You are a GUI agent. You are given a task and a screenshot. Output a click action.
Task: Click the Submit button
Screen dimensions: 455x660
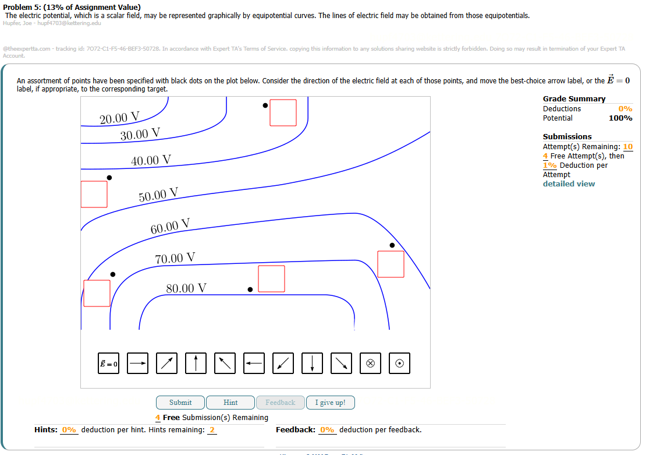pos(180,403)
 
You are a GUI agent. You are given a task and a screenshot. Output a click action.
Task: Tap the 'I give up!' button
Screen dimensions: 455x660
pos(330,403)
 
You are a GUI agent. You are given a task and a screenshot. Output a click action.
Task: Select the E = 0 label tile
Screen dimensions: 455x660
pos(108,364)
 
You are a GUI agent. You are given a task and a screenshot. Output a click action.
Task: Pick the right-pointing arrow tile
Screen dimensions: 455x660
pos(138,364)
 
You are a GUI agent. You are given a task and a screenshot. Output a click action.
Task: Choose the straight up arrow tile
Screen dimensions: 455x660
pos(196,364)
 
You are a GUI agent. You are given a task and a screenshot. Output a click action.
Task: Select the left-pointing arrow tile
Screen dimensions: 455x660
pos(254,364)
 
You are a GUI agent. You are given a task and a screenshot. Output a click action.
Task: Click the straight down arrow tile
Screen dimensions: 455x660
pos(313,364)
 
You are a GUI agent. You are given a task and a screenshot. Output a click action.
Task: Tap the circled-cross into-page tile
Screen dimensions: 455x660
pos(370,364)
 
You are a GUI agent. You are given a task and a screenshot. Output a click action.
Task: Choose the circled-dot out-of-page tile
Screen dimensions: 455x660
pos(399,364)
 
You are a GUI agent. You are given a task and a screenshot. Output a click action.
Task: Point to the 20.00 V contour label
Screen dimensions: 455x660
pos(119,118)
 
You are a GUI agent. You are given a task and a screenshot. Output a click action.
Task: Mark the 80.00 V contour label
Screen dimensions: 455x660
pos(186,288)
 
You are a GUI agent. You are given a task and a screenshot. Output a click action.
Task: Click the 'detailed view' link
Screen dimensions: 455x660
pos(569,184)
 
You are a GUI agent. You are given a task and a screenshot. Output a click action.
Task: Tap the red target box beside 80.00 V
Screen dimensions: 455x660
pos(271,278)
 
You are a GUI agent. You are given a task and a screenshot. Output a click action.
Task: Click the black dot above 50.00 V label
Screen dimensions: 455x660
pos(109,178)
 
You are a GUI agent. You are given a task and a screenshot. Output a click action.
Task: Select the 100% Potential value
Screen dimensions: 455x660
pos(620,118)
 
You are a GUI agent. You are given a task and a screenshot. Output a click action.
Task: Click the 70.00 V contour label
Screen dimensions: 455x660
pos(175,258)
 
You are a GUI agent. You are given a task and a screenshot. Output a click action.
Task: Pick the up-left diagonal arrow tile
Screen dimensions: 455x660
pos(225,364)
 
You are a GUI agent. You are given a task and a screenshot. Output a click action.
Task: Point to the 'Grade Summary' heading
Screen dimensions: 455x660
pos(574,99)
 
